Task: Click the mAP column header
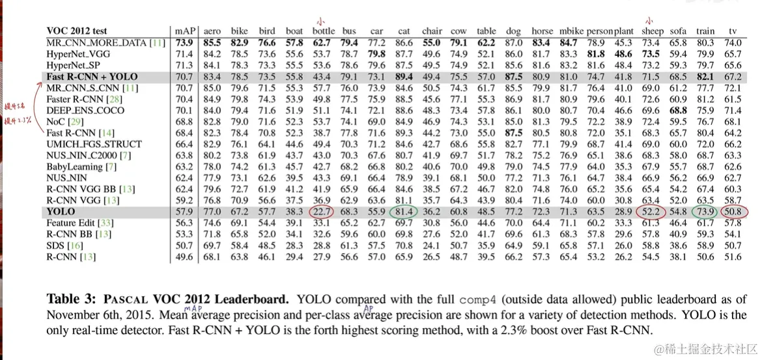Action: [185, 31]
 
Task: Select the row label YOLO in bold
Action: [61, 212]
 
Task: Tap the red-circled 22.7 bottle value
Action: [322, 212]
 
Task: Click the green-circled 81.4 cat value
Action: [404, 212]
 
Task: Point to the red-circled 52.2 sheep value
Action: [652, 212]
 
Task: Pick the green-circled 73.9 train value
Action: [705, 212]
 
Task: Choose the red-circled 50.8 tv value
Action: [733, 212]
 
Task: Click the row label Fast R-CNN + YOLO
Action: [92, 76]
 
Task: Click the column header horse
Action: [542, 31]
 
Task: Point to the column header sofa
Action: [678, 31]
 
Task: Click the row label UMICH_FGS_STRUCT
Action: [94, 144]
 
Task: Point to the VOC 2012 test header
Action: [77, 31]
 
